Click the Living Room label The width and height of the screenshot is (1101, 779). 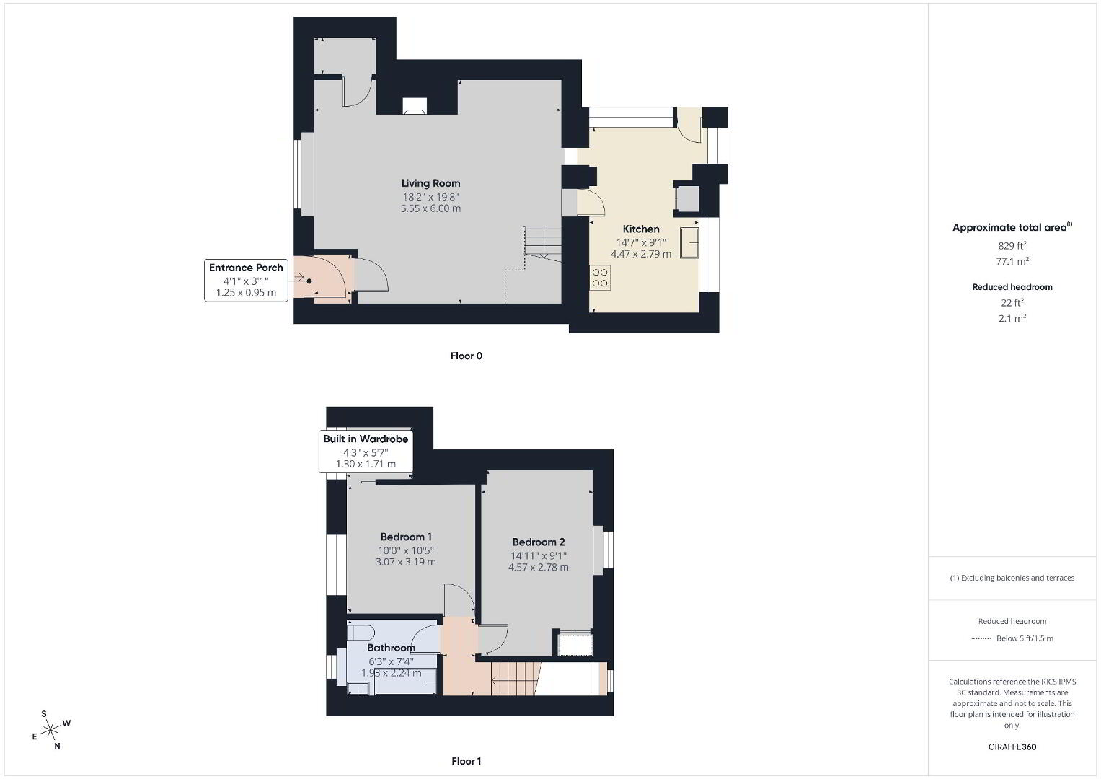click(x=430, y=183)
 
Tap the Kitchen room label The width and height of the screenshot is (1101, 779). click(x=641, y=229)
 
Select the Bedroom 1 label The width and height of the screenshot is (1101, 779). click(x=406, y=537)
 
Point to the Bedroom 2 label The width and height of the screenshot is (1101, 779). click(x=539, y=542)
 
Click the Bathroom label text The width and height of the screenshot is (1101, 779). click(x=392, y=648)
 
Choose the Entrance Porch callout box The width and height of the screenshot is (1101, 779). click(x=247, y=281)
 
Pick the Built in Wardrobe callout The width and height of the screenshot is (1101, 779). click(x=366, y=452)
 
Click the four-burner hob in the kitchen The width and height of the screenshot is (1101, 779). click(x=600, y=278)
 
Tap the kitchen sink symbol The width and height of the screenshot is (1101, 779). click(x=689, y=242)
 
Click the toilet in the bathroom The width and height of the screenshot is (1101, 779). click(x=361, y=632)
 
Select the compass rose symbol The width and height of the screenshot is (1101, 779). click(x=51, y=730)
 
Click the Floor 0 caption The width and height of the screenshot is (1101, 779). click(x=467, y=356)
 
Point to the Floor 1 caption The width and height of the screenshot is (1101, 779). click(x=467, y=761)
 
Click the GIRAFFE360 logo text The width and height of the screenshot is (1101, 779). click(x=1012, y=747)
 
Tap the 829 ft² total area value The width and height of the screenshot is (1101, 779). click(x=1012, y=245)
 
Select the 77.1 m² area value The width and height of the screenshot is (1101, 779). click(x=1012, y=261)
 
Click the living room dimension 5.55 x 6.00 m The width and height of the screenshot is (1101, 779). click(x=430, y=208)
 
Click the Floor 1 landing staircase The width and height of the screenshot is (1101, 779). click(x=513, y=679)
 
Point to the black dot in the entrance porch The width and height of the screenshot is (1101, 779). click(x=309, y=281)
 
